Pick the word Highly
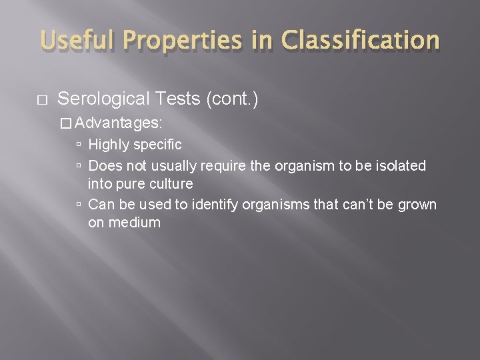(110, 144)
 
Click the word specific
(158, 144)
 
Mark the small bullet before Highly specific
(79, 145)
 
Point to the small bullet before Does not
(79, 165)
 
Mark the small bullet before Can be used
(79, 204)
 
